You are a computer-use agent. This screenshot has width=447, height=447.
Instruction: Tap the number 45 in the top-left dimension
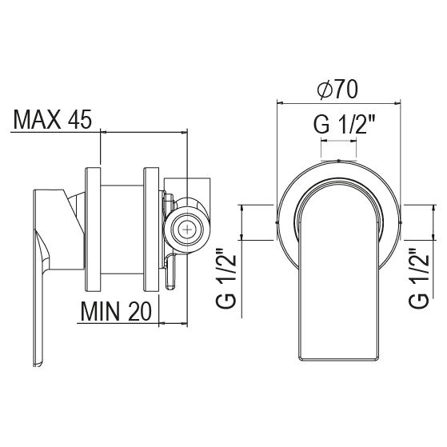(79, 121)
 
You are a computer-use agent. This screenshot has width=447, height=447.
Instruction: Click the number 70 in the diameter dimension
(345, 90)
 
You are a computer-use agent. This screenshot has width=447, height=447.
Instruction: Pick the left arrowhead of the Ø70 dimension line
(280, 102)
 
